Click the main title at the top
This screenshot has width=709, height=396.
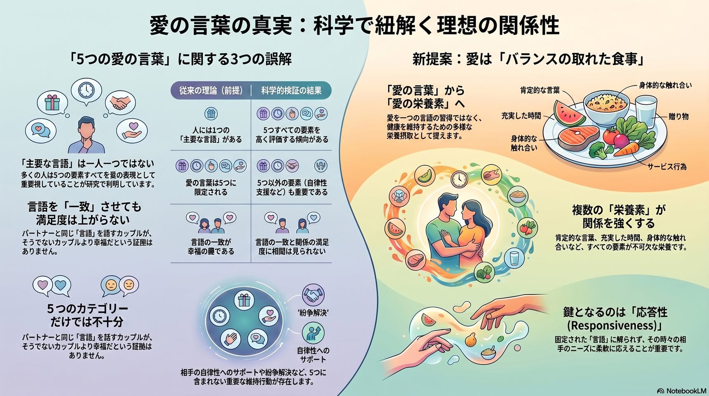point(354,26)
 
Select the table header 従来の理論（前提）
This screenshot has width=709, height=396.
point(211,90)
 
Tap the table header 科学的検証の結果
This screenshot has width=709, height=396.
point(291,90)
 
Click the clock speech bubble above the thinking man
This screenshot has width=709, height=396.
point(86,90)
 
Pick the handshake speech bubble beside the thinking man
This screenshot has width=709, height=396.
point(120,103)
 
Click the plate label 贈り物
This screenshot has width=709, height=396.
point(678,116)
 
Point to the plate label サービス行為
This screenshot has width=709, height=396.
point(667,167)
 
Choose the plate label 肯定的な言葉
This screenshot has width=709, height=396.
point(540,90)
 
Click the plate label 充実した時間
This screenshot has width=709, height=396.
point(521,116)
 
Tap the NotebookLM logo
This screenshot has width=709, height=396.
point(682,391)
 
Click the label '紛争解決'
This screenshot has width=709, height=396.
point(313,313)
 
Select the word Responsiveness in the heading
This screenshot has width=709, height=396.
point(614,325)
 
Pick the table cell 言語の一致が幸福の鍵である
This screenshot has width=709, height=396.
point(211,247)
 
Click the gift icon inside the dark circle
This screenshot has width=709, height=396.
point(244,299)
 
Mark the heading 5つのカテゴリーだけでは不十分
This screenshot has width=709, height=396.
point(87,315)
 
